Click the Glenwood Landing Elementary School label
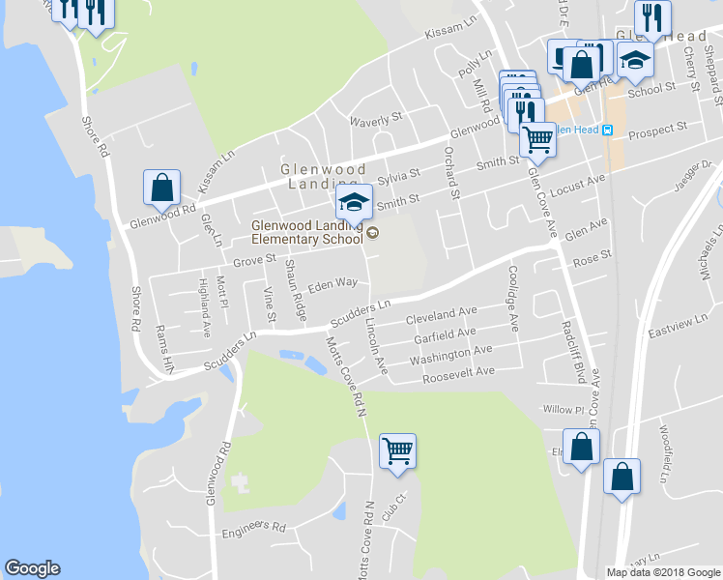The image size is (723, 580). coord(304,232)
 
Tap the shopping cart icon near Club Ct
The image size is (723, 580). coord(397,450)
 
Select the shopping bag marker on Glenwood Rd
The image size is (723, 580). coord(162,188)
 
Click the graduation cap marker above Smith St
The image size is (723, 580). coord(354,201)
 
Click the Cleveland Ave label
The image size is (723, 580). coord(442,314)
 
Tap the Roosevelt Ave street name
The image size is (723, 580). coord(458,373)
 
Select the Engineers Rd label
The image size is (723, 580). coord(254,529)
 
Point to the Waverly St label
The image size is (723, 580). coord(375,119)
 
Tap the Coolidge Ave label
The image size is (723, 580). coord(513,299)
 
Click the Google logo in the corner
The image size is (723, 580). coord(32,568)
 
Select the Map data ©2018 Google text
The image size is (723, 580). coord(662,572)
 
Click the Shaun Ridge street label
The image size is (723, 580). coord(293,294)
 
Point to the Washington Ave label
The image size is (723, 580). coord(450,354)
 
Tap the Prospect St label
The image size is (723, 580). coord(657,128)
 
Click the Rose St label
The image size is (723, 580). coord(593,257)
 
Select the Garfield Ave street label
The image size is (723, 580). coord(445,334)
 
